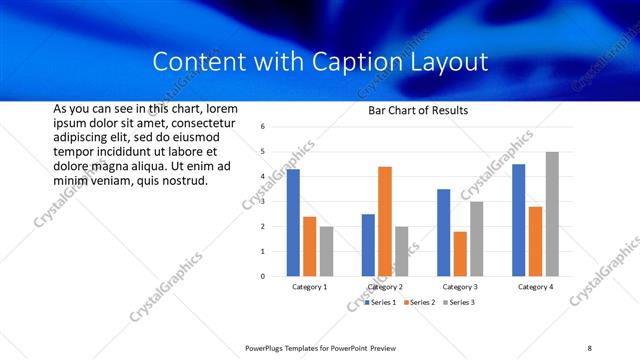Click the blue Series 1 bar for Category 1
293,222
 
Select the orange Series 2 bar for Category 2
385,221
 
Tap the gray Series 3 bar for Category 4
552,214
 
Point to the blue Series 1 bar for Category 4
518,220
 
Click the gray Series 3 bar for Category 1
326,251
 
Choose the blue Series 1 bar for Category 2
368,245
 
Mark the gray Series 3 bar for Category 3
477,239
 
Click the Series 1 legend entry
380,302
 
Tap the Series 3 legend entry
458,302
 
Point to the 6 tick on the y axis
262,127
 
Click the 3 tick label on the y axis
262,201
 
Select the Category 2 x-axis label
385,287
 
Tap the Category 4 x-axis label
535,287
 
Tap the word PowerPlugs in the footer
271,347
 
